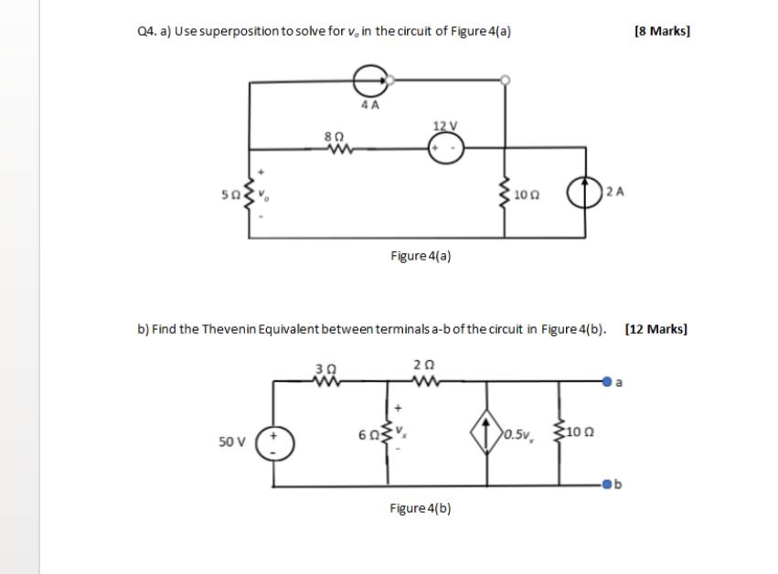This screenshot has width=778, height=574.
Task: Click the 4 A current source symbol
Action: point(369,80)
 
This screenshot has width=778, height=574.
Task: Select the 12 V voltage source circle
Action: point(447,147)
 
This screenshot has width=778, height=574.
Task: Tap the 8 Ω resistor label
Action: point(333,135)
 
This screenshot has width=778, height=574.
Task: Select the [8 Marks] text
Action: point(661,31)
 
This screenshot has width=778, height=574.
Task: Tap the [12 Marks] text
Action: point(655,329)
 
